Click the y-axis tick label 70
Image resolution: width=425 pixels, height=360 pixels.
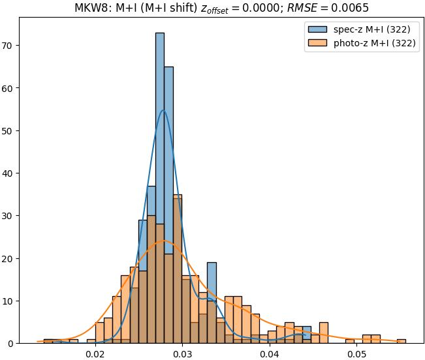click(10, 46)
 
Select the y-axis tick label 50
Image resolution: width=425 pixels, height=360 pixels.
click(10, 130)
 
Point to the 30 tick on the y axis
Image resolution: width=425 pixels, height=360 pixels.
click(10, 216)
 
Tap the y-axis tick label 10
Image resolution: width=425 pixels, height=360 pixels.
click(10, 301)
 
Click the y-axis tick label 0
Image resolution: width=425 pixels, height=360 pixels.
click(12, 343)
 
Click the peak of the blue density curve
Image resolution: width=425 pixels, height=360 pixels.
click(163, 110)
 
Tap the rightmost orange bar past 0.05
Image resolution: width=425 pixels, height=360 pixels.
click(401, 341)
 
